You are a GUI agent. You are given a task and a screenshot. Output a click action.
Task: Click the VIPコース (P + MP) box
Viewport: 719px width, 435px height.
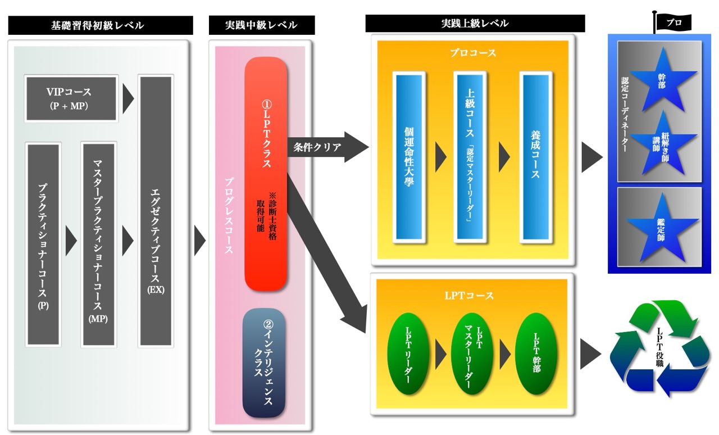[71, 98]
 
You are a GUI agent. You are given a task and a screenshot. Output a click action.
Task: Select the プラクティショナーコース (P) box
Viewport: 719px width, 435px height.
[43, 244]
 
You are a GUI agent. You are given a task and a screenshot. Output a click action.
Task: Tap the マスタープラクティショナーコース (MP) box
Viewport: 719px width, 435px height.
[98, 244]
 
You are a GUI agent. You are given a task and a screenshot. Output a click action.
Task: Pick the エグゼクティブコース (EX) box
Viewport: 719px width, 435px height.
[156, 210]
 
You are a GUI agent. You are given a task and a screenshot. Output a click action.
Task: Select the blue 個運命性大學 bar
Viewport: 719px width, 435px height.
[409, 157]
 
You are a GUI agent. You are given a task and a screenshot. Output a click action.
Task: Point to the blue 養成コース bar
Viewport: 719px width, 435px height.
[535, 157]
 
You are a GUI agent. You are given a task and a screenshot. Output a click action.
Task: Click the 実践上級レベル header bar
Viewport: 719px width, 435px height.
[475, 24]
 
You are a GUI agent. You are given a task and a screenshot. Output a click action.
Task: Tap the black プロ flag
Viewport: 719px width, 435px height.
[674, 22]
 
